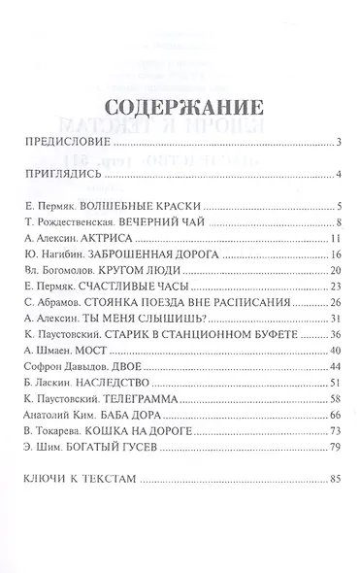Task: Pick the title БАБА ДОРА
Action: (x=139, y=415)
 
